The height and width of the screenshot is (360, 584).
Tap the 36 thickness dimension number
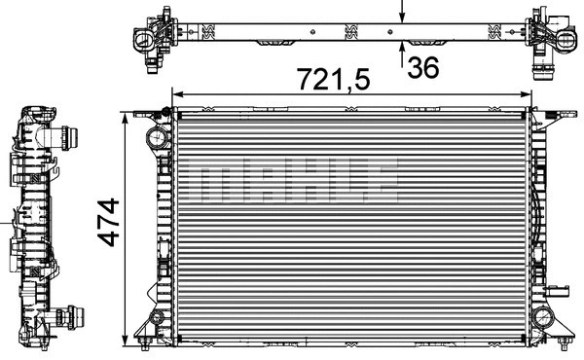[423, 68]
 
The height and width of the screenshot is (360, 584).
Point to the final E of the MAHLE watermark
[383, 180]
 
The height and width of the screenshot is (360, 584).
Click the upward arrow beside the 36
[403, 54]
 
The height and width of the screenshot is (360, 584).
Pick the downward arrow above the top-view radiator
[403, 15]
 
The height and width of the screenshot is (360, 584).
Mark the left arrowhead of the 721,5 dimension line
[176, 95]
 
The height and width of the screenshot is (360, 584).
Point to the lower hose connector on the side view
[67, 315]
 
